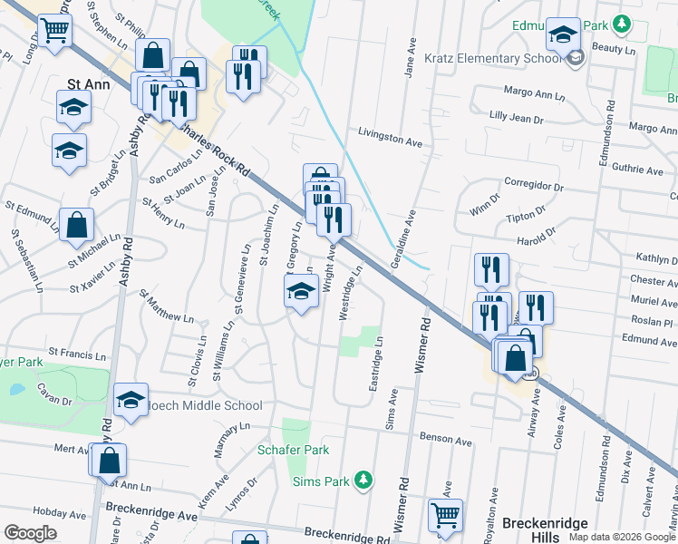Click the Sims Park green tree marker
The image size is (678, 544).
363,478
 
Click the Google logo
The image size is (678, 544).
31,533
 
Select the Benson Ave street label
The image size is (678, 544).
446,441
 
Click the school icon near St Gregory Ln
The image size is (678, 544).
302,292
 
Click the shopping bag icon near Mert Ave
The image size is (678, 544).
108,460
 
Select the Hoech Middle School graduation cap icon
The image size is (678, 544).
131,400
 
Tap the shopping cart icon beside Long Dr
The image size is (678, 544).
54,30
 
